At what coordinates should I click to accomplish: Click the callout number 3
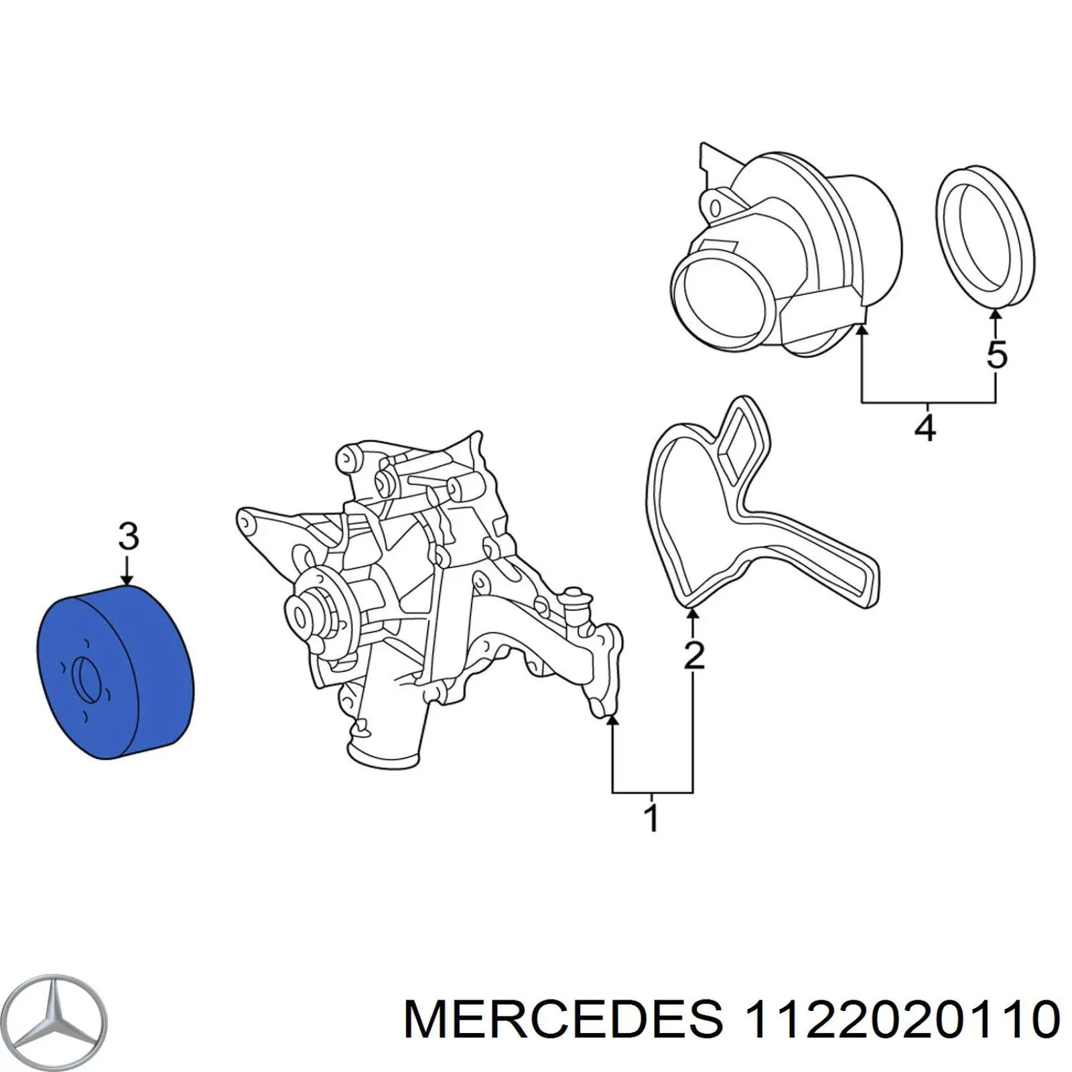click(128, 537)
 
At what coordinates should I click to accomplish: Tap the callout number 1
click(651, 819)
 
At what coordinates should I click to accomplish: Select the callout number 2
click(693, 655)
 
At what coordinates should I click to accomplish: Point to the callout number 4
click(925, 427)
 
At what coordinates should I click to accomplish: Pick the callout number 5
click(996, 354)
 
